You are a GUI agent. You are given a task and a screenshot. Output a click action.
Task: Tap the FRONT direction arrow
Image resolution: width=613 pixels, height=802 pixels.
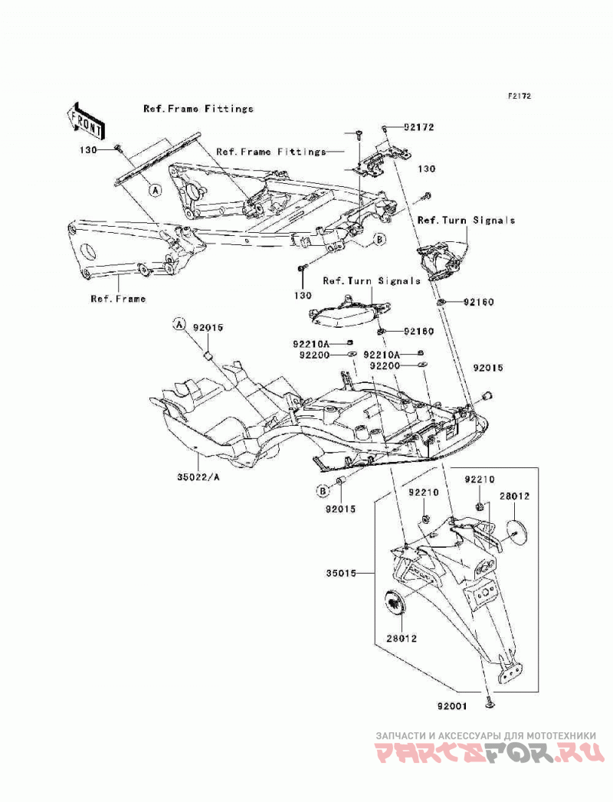click(85, 121)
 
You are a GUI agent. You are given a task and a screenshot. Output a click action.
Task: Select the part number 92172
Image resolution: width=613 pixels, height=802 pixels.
click(418, 127)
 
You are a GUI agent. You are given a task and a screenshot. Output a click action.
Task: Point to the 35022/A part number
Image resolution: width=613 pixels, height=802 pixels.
click(198, 477)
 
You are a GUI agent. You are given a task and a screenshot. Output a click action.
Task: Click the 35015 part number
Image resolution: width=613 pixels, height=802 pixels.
click(341, 574)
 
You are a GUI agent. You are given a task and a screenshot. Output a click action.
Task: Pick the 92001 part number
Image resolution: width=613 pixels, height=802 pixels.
click(452, 707)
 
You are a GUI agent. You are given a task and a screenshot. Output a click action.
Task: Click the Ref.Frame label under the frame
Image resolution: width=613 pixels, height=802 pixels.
click(118, 299)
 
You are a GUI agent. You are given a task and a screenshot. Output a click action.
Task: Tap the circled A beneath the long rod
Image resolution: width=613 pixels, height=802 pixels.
click(155, 190)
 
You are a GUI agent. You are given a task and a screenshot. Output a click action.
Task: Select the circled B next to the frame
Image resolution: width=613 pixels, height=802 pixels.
click(379, 239)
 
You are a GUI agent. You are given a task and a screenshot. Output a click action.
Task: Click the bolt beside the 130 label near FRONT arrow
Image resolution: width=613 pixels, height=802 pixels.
click(118, 149)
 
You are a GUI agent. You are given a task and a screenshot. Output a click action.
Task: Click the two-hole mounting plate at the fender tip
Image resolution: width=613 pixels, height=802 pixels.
click(510, 671)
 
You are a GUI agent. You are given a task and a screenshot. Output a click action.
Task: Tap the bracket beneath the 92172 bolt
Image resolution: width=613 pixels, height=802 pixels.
click(382, 160)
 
